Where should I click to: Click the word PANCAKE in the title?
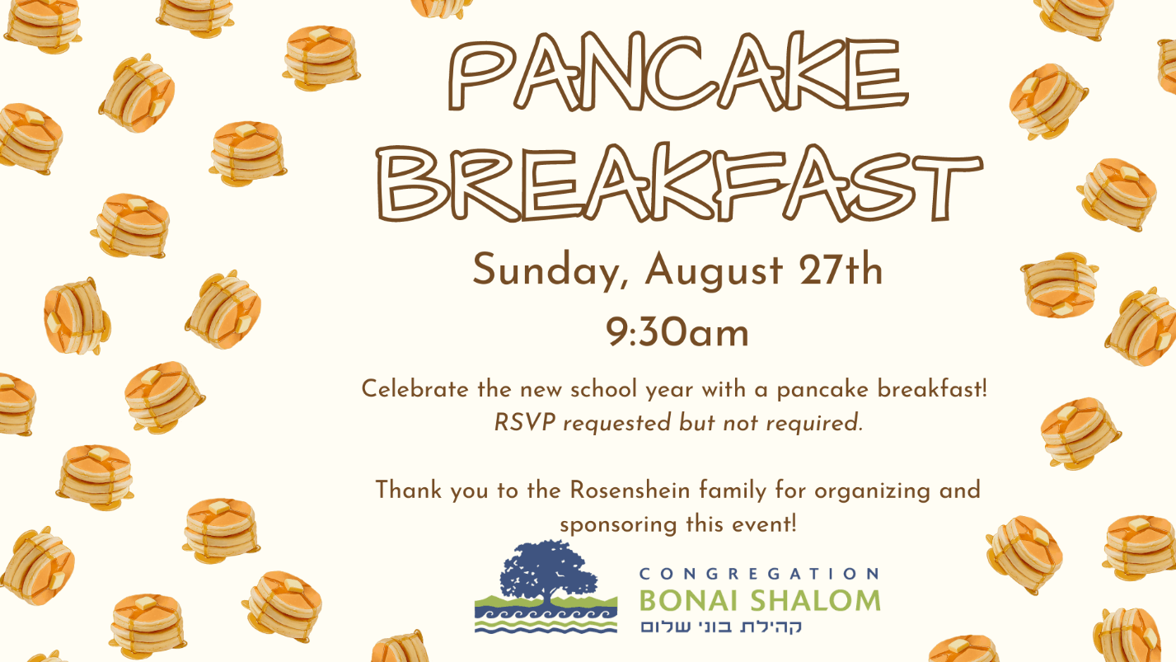click(x=678, y=72)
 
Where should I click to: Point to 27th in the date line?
click(x=841, y=269)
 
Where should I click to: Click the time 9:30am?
click(x=677, y=332)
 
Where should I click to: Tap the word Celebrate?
click(x=415, y=389)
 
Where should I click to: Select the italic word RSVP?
click(x=525, y=422)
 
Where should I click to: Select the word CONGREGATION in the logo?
click(x=759, y=573)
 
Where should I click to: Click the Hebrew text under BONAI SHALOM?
click(x=721, y=627)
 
